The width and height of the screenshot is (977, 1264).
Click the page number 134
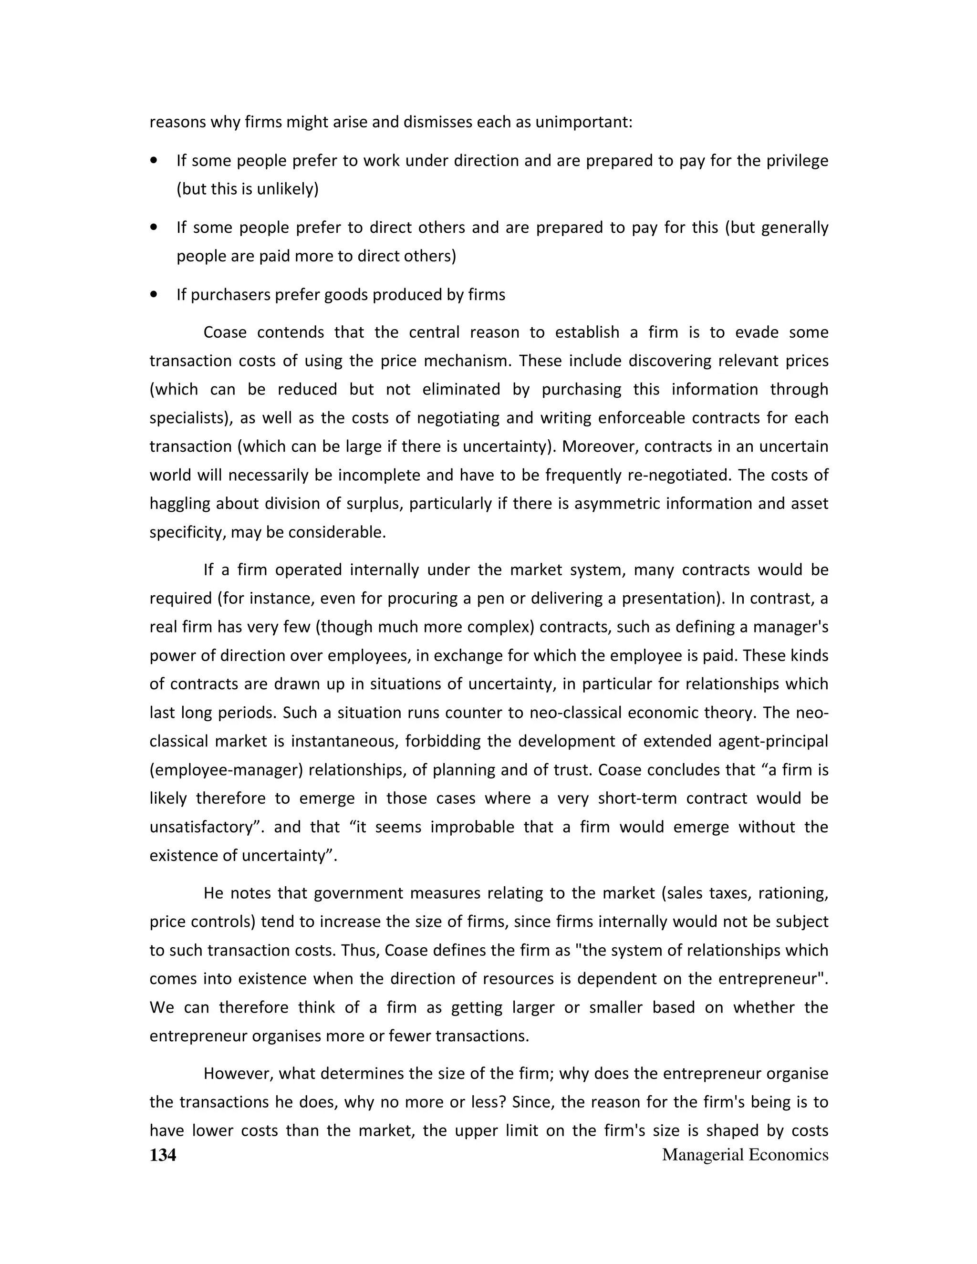(x=163, y=1155)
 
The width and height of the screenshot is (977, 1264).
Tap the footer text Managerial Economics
(x=745, y=1155)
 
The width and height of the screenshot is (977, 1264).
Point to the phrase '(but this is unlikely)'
(x=248, y=189)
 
